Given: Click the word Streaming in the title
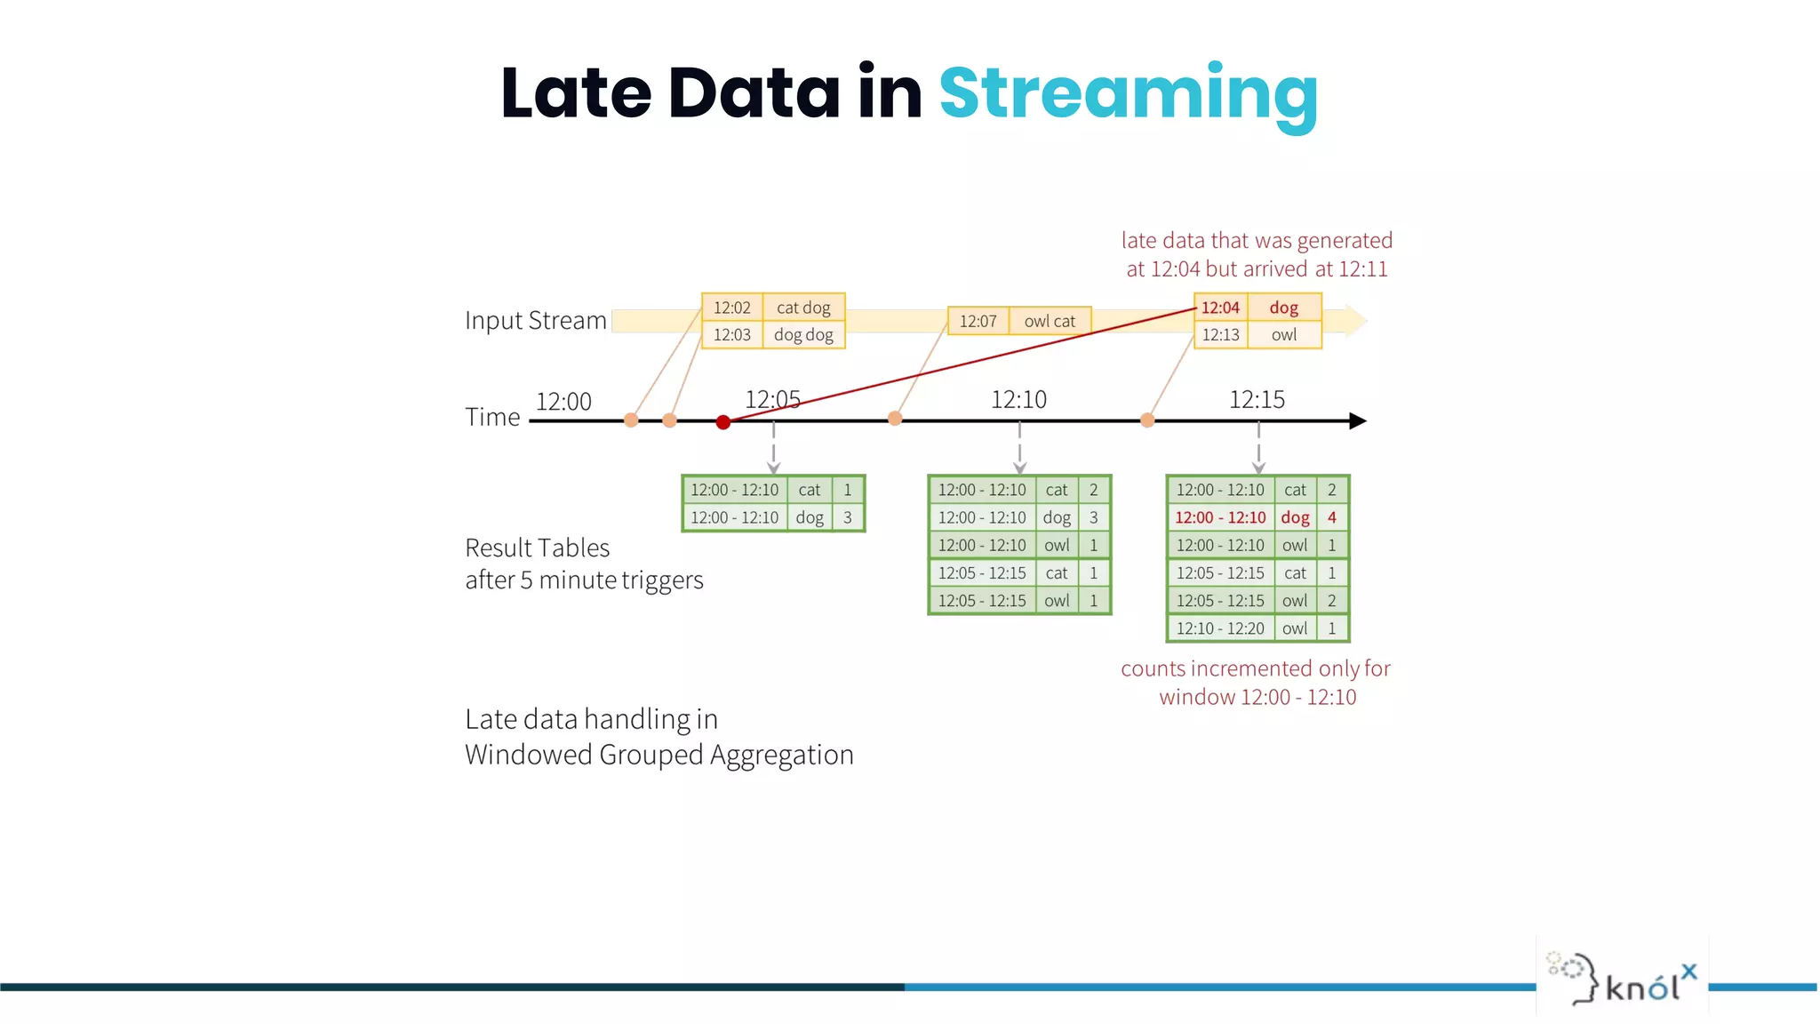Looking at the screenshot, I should (1128, 94).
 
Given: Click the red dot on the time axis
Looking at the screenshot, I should (723, 422).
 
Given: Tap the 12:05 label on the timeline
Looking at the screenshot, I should (772, 400).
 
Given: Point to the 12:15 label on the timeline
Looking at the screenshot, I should (1257, 400).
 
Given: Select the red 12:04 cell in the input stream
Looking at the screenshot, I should (1220, 308).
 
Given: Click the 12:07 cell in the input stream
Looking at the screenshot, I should (978, 321).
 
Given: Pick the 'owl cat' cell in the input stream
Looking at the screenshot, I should (1050, 321).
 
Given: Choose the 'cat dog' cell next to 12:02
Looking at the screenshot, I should (803, 308).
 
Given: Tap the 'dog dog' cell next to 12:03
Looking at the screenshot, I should (803, 335).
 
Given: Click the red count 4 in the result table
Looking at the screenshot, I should (1331, 517).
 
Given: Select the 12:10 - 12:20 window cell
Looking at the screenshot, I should (1220, 628).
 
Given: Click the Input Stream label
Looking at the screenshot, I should (535, 320).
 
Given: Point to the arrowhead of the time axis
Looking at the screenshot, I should (1357, 420).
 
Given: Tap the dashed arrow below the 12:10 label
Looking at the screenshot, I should (1019, 449).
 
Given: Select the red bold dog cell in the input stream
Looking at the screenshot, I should (1283, 308).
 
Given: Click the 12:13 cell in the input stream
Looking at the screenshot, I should (1220, 335).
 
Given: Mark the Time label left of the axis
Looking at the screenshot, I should (492, 417).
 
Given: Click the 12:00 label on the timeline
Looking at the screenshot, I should (563, 402).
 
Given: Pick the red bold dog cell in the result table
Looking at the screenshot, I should (1295, 517).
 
